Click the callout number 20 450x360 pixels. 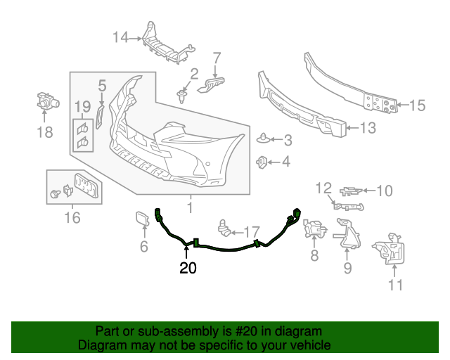[188, 267]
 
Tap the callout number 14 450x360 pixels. [121, 37]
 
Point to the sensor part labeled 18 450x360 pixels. [46, 103]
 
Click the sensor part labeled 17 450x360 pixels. [226, 226]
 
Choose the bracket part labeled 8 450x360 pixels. [314, 229]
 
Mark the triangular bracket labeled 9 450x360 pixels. [347, 235]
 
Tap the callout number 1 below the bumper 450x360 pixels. [189, 207]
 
